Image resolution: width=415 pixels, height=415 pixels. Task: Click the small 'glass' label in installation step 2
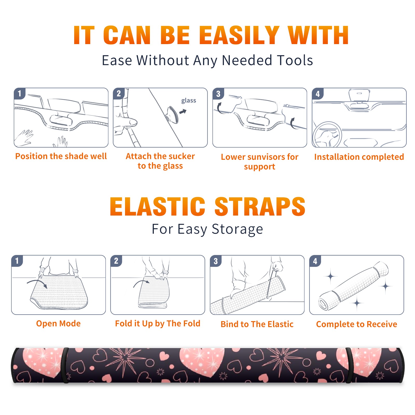(189, 100)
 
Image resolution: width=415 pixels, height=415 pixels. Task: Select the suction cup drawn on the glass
(173, 115)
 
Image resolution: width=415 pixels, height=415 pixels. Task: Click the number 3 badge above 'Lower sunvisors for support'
(218, 94)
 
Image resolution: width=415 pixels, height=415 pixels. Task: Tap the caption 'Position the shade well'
(61, 156)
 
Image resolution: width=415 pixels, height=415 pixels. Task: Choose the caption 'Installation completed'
(359, 157)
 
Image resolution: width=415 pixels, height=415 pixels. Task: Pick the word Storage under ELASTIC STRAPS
(237, 229)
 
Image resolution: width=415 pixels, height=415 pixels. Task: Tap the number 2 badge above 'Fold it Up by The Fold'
(116, 261)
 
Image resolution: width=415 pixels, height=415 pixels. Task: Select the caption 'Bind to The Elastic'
(257, 324)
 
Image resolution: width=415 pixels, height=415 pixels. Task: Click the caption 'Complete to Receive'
(356, 324)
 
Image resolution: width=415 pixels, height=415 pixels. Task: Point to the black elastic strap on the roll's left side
(65, 365)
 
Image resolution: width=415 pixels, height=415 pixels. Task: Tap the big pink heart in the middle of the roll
(201, 362)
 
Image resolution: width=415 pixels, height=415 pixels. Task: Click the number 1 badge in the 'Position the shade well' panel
(20, 93)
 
